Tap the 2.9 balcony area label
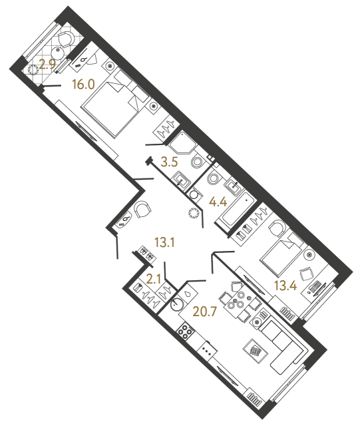click(x=46, y=65)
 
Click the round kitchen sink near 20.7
click(x=176, y=306)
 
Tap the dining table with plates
click(x=238, y=300)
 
